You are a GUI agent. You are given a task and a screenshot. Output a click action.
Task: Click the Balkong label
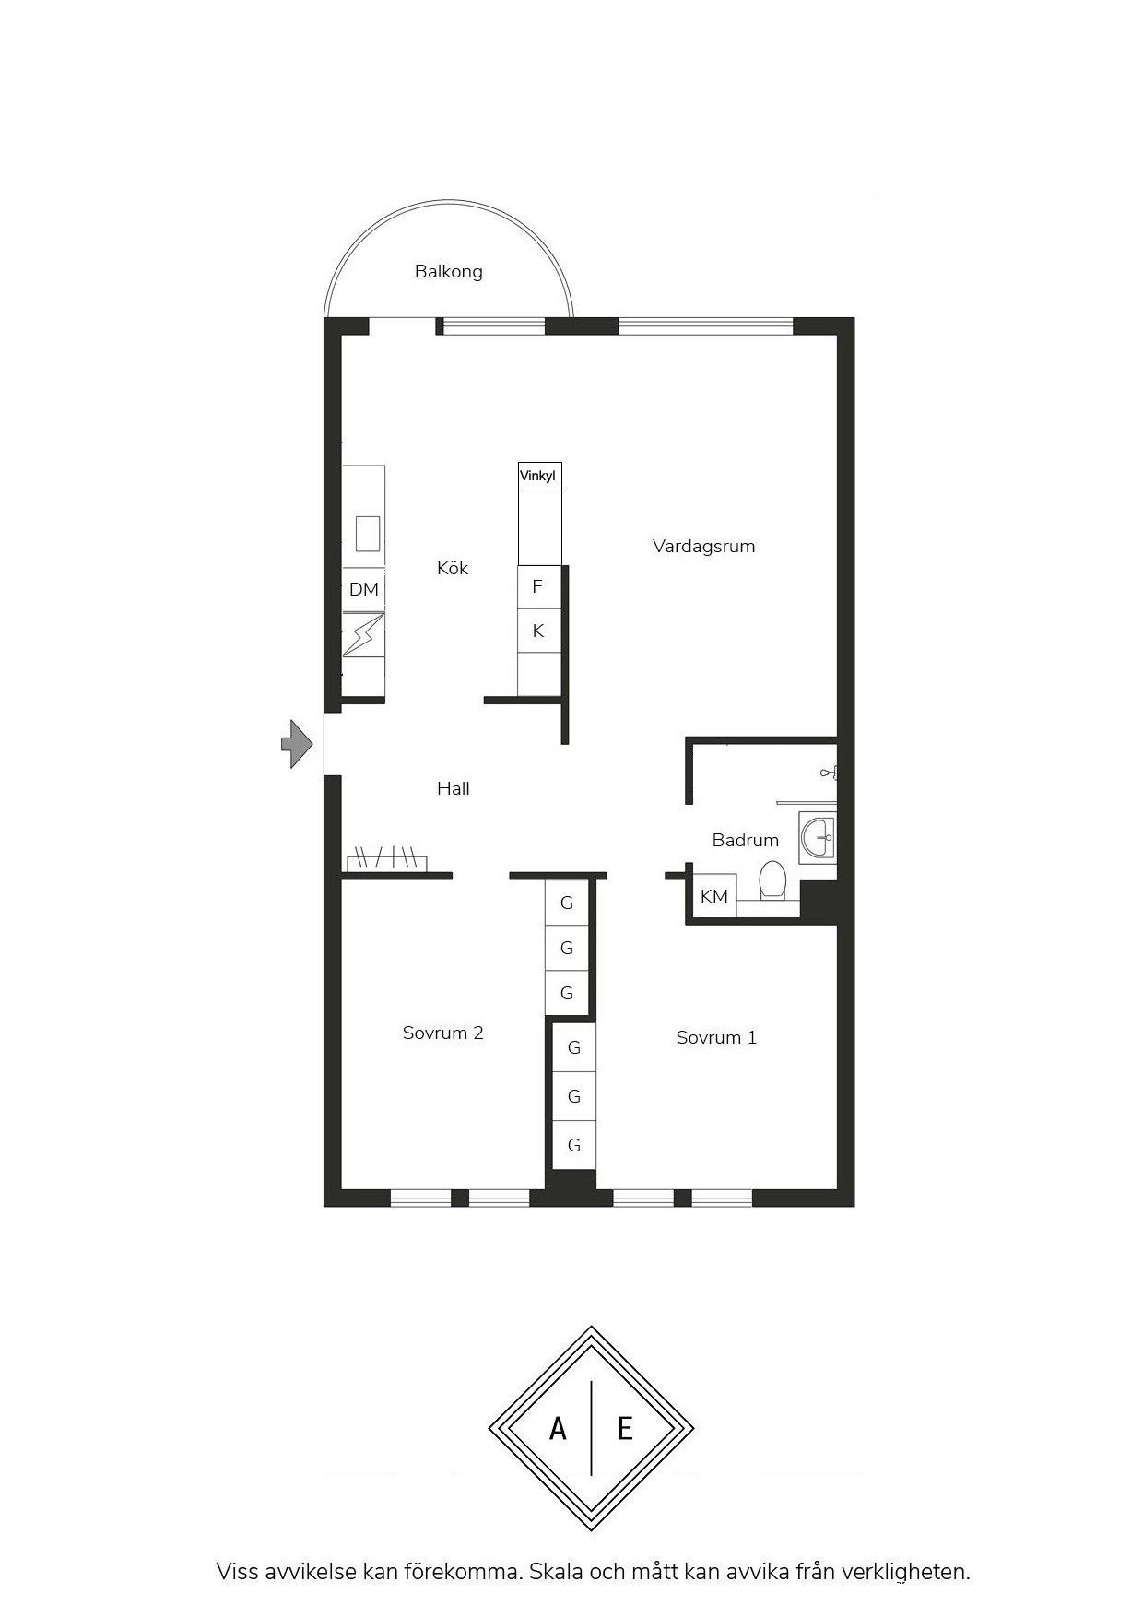pyautogui.click(x=448, y=272)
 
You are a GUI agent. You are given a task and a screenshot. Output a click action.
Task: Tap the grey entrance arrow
pyautogui.click(x=297, y=743)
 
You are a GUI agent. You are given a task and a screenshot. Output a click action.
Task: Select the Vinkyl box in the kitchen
pyautogui.click(x=539, y=477)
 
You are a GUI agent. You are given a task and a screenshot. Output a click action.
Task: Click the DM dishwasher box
pyautogui.click(x=364, y=589)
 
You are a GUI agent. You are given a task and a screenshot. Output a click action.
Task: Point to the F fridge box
pyautogui.click(x=538, y=587)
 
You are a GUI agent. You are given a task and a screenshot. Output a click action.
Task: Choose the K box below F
pyautogui.click(x=538, y=631)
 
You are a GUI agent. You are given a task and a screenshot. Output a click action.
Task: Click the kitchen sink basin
pyautogui.click(x=368, y=533)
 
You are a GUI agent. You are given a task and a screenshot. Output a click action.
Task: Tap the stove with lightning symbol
pyautogui.click(x=363, y=634)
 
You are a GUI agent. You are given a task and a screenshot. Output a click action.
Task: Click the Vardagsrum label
pyautogui.click(x=703, y=547)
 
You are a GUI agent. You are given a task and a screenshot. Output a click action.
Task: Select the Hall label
pyautogui.click(x=453, y=788)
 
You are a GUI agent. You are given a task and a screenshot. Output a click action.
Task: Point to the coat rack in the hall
pyautogui.click(x=386, y=859)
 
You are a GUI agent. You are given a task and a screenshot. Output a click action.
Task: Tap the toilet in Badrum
pyautogui.click(x=772, y=879)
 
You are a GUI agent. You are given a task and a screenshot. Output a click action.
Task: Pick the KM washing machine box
pyautogui.click(x=714, y=896)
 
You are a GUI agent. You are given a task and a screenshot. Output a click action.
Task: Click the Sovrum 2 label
pyautogui.click(x=442, y=1033)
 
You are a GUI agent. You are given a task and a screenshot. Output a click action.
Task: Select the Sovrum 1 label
pyautogui.click(x=716, y=1038)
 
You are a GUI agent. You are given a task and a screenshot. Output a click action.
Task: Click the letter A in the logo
pyautogui.click(x=558, y=1429)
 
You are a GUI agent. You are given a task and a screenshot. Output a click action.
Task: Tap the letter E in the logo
pyautogui.click(x=625, y=1429)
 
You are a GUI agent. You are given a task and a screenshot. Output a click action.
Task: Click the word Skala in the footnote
pyautogui.click(x=556, y=1572)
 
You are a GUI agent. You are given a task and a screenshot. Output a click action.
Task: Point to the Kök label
pyautogui.click(x=453, y=568)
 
